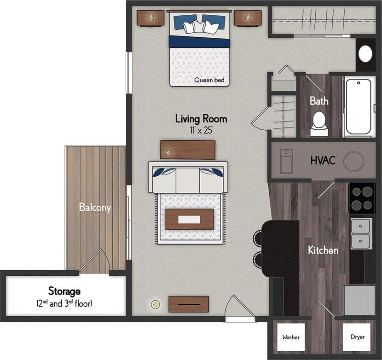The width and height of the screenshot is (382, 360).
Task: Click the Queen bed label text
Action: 209,80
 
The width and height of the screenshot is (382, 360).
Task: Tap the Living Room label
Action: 201,119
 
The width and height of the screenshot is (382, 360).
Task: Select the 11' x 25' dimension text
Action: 201,130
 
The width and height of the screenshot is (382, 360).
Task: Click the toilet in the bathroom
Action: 318,122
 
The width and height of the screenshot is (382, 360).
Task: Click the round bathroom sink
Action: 365,54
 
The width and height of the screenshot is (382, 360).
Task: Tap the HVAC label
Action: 322,161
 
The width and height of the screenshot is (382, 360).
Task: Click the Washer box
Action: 291,337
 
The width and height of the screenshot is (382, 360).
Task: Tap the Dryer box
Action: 357,337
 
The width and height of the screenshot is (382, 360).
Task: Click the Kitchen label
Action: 323,250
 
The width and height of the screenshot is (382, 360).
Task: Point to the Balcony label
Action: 95,208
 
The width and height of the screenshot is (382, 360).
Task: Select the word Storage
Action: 64,291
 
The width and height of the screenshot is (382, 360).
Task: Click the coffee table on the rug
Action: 189,220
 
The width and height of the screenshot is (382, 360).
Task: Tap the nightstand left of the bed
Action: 150,18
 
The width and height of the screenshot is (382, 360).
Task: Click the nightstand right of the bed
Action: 248,18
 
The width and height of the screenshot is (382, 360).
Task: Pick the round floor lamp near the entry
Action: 155,304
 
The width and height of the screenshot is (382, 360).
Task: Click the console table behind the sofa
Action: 188,150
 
